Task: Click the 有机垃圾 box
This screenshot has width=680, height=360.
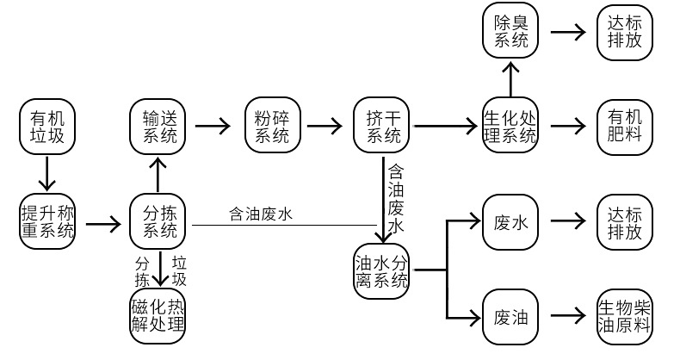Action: pyautogui.click(x=47, y=127)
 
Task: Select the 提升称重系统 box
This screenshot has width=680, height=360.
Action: pyautogui.click(x=47, y=221)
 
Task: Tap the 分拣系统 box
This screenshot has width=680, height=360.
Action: pyautogui.click(x=158, y=221)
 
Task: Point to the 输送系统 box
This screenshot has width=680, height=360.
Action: pyautogui.click(x=158, y=126)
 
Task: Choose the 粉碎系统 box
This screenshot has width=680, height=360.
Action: pyautogui.click(x=273, y=126)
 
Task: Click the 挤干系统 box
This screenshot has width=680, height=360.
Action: pyautogui.click(x=381, y=126)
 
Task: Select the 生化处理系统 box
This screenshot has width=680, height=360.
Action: pyautogui.click(x=510, y=126)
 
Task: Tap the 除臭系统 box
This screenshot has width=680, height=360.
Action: pyautogui.click(x=510, y=31)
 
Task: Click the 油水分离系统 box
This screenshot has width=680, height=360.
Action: pyautogui.click(x=381, y=271)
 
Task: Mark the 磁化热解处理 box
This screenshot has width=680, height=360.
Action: pyautogui.click(x=158, y=316)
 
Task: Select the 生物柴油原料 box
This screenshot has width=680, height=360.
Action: pyautogui.click(x=625, y=317)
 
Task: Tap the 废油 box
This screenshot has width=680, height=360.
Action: pyautogui.click(x=510, y=317)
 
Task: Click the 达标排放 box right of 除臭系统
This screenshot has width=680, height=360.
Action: pyautogui.click(x=625, y=32)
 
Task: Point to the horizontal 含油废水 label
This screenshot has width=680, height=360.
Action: pyautogui.click(x=261, y=214)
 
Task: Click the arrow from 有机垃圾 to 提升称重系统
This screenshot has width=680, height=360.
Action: pyautogui.click(x=47, y=173)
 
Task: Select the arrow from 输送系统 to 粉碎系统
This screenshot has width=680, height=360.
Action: pyautogui.click(x=213, y=127)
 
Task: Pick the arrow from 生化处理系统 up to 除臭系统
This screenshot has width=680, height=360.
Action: pyautogui.click(x=511, y=79)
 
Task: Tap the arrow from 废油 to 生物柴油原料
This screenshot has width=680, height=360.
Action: pyautogui.click(x=568, y=316)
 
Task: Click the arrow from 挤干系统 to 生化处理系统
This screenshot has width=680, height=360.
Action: pyautogui.click(x=445, y=127)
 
